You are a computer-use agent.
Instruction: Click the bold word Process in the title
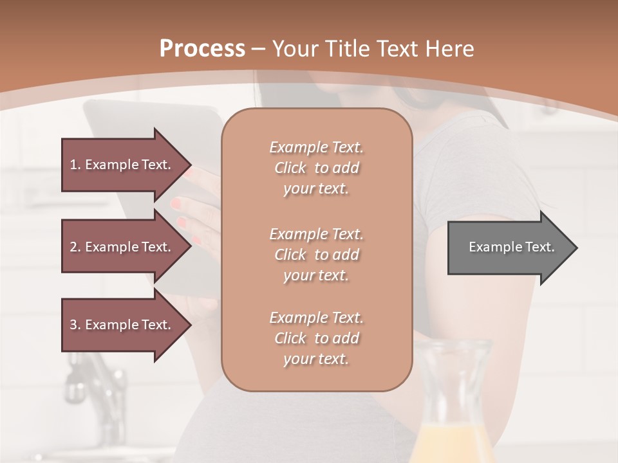pos(202,49)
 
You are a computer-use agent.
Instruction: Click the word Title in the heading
pos(349,49)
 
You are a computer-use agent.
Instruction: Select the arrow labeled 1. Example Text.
pos(120,165)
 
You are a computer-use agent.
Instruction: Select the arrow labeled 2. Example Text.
pos(120,247)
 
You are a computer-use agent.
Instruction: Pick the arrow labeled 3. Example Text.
pos(120,325)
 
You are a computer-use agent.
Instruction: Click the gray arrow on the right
pos(509,248)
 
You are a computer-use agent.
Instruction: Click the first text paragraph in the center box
pos(316,168)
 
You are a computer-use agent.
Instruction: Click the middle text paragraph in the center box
pos(316,255)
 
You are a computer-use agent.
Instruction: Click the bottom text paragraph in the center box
pos(316,338)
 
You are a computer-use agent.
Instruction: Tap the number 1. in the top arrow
pos(75,165)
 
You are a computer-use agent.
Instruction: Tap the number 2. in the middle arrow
pos(75,247)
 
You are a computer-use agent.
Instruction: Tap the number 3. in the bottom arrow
pos(75,325)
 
